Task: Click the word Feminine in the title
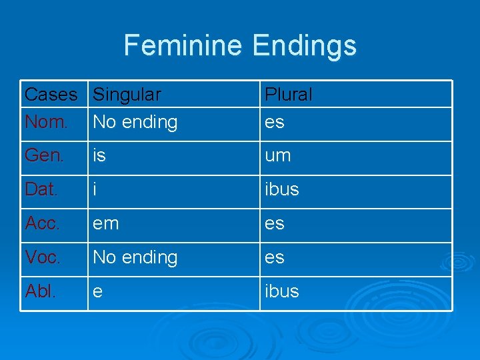click(184, 45)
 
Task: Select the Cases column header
click(51, 95)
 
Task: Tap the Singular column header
click(127, 95)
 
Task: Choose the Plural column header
click(288, 95)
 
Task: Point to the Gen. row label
click(45, 155)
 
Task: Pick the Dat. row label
click(41, 189)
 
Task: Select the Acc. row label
click(43, 223)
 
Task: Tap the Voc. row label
click(43, 257)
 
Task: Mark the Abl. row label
click(40, 291)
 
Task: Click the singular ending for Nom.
click(135, 122)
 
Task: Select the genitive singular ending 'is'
click(99, 155)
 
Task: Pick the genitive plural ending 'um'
click(277, 155)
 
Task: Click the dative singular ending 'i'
click(95, 189)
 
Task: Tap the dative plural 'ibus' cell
click(281, 189)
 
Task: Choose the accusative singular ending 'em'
click(106, 223)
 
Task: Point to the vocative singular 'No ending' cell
click(135, 257)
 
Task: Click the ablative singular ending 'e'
click(97, 291)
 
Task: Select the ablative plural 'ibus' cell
click(281, 291)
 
